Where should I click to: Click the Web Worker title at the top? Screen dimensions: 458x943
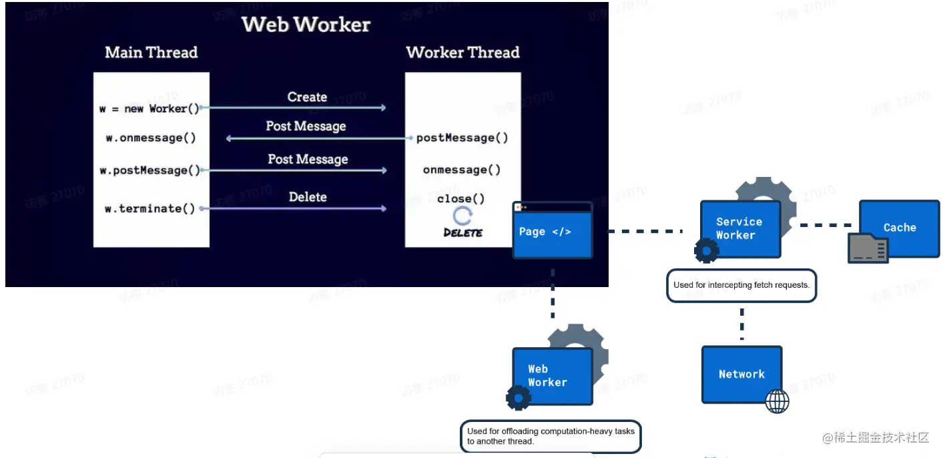pyautogui.click(x=306, y=25)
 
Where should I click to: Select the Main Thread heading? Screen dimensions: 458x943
pyautogui.click(x=151, y=53)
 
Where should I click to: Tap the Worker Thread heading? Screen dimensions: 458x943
pyautogui.click(x=462, y=53)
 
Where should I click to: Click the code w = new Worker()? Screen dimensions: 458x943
pyautogui.click(x=149, y=108)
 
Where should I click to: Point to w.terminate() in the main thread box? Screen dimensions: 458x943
pyautogui.click(x=150, y=208)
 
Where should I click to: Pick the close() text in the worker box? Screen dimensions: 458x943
pyautogui.click(x=461, y=198)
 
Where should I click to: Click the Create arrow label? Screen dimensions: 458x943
pyautogui.click(x=307, y=97)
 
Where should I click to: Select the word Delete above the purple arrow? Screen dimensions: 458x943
pyautogui.click(x=308, y=197)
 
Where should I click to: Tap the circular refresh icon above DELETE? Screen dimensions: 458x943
pyautogui.click(x=462, y=216)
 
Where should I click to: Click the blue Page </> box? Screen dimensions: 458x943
pyautogui.click(x=552, y=232)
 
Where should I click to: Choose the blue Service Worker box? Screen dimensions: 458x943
pyautogui.click(x=739, y=228)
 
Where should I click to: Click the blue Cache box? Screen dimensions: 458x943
pyautogui.click(x=900, y=228)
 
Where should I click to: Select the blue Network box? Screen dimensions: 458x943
pyautogui.click(x=741, y=374)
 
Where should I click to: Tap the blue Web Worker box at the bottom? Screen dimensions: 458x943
pyautogui.click(x=552, y=375)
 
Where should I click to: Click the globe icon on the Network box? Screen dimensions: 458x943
pyautogui.click(x=777, y=401)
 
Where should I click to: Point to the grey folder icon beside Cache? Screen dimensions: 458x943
pyautogui.click(x=868, y=248)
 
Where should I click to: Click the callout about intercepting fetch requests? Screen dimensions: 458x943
pyautogui.click(x=741, y=285)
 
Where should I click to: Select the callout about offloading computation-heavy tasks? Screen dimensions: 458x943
pyautogui.click(x=551, y=436)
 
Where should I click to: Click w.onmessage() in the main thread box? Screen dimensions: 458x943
pyautogui.click(x=151, y=138)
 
